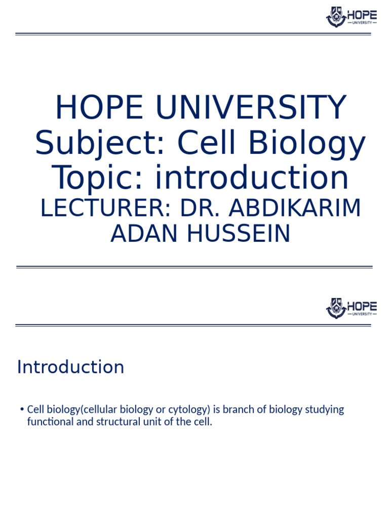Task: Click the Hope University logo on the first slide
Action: coord(351,17)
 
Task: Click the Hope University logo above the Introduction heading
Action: coord(351,308)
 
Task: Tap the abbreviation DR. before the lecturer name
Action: coord(205,208)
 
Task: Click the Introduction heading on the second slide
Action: coord(70,367)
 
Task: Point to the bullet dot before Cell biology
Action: coord(22,409)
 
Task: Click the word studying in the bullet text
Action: coord(324,409)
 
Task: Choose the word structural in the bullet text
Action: coord(116,422)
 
